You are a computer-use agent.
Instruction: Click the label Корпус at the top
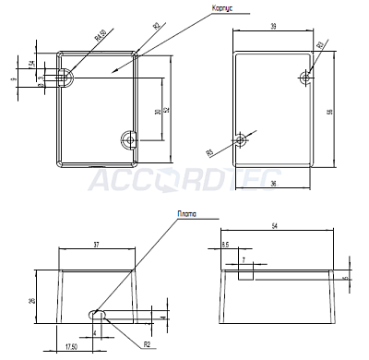pos(222,7)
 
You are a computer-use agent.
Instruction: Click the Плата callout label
pos(186,214)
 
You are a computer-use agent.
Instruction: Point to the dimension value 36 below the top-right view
pos(274,183)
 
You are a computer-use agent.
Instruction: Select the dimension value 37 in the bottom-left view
pos(97,245)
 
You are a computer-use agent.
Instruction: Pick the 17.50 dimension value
pos(71,347)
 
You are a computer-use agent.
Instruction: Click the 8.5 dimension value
pos(226,245)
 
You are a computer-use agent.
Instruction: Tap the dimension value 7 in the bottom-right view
pos(243,261)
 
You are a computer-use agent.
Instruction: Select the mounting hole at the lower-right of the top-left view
pos(129,139)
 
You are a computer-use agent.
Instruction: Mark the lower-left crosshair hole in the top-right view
pos(242,139)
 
